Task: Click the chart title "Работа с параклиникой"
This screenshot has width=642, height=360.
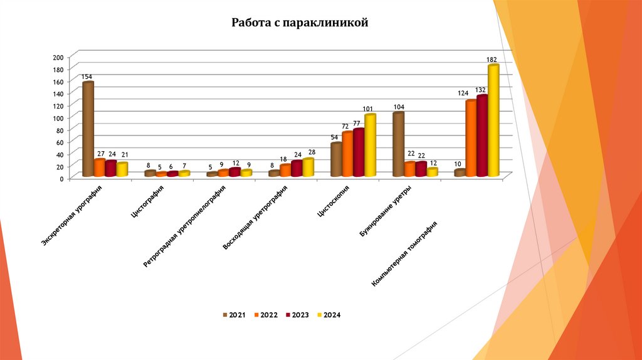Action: [298, 24]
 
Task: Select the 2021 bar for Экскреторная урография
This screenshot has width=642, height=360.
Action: [88, 129]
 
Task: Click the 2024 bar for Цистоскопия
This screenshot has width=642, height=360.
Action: [370, 145]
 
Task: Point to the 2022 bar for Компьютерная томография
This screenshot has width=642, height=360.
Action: [471, 138]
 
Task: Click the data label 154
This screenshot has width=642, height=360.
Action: [87, 77]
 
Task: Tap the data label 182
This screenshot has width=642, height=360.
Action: [492, 60]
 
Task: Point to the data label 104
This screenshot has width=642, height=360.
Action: [399, 107]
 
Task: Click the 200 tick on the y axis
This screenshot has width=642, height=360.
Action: [58, 58]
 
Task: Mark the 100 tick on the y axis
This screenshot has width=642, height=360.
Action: [58, 118]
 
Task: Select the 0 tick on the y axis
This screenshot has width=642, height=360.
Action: [61, 179]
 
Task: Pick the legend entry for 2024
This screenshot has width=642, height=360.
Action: [329, 315]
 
